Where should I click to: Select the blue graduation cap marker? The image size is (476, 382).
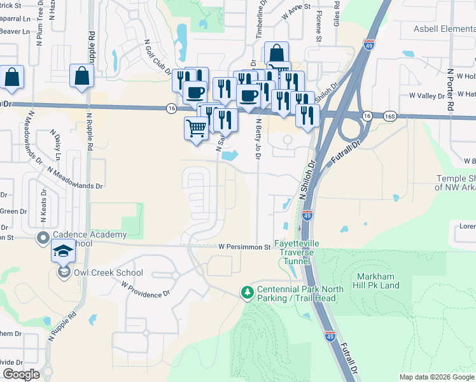tap(63, 253)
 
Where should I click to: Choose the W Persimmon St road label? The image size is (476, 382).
tap(244, 246)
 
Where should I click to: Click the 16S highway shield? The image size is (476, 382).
tap(390, 117)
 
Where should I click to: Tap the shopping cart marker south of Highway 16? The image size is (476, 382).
tap(196, 129)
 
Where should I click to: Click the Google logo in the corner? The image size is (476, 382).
tap(22, 374)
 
